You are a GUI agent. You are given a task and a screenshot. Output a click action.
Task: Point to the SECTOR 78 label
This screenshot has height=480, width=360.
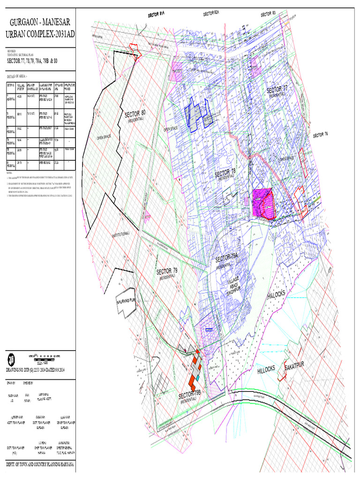225,174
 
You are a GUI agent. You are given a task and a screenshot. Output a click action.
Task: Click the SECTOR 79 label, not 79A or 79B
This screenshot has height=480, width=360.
167,271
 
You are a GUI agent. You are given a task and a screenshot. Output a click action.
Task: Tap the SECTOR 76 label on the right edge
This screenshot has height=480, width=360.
320,134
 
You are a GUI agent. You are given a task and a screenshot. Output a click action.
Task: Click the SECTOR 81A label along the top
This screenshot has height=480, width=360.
156,15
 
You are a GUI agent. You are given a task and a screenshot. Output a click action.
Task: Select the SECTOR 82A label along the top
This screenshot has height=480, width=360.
211,14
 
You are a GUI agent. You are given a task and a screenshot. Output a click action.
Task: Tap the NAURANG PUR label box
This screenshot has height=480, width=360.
126,303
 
